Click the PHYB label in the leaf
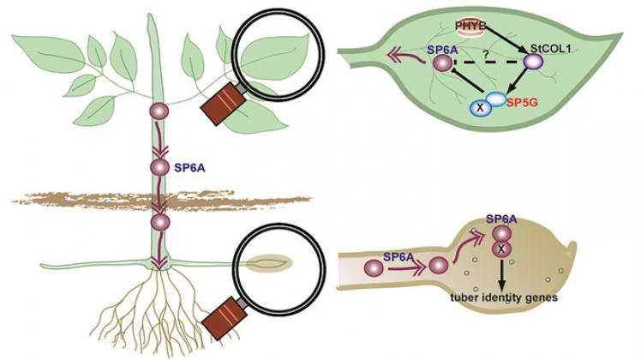coord(470,27)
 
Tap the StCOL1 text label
coord(550,49)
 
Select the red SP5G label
coord(522,102)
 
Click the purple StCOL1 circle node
coord(534,63)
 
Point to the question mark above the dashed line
coord(485,54)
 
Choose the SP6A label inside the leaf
coord(441,50)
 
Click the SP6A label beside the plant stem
coord(189,167)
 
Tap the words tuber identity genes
coord(504,297)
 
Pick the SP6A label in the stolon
coord(399,256)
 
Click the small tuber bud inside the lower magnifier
coord(269,263)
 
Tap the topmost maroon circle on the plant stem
coord(159,111)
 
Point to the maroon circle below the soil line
coord(160,222)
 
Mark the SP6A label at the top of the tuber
coord(501,219)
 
